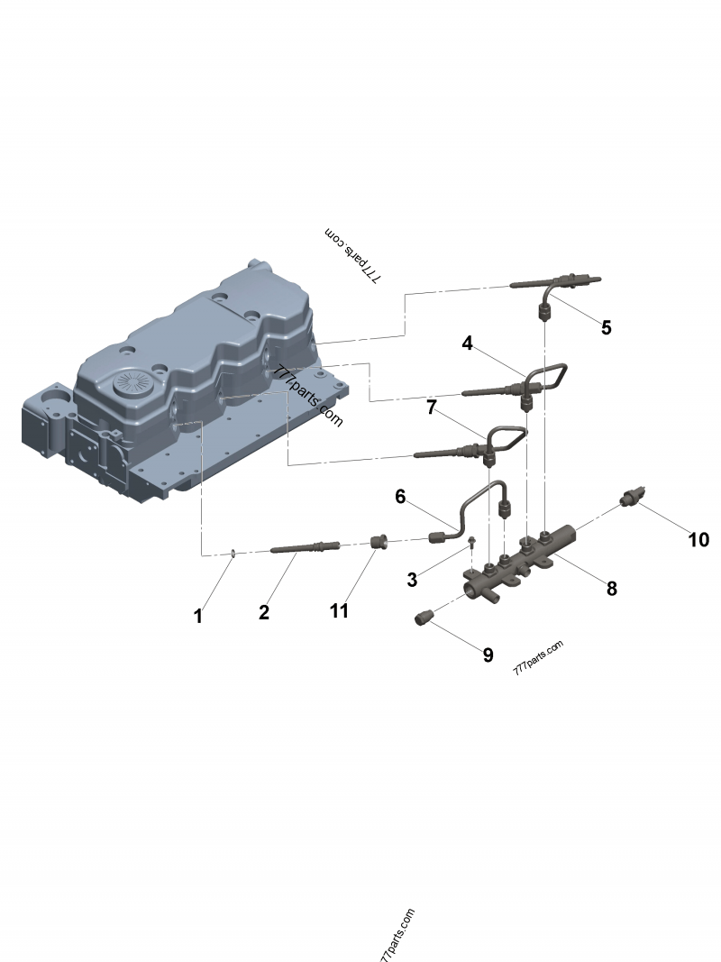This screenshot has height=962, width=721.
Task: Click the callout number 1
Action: click(198, 617)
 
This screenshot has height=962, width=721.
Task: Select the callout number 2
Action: click(263, 612)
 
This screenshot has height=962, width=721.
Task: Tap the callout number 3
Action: click(411, 580)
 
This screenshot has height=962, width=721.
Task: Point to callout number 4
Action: click(467, 343)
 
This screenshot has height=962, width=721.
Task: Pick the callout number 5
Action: click(606, 327)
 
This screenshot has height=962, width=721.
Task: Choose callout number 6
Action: click(401, 496)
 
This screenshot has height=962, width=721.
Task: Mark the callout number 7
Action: click(432, 408)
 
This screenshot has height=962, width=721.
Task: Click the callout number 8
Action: click(611, 589)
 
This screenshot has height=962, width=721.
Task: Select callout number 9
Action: click(488, 655)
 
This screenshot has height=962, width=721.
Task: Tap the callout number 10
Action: click(698, 539)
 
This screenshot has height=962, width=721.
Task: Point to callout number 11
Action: click(338, 610)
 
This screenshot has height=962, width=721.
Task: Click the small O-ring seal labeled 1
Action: click(233, 553)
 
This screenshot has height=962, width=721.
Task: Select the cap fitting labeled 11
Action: click(379, 542)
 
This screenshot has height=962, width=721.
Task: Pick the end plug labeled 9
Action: click(424, 618)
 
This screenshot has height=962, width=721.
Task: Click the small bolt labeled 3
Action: click(471, 543)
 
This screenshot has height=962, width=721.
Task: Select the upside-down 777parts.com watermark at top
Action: click(352, 256)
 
